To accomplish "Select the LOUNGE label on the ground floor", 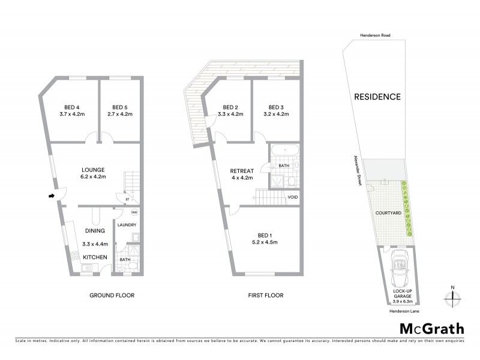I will [x=91, y=169].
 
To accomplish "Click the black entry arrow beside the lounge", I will [x=52, y=195].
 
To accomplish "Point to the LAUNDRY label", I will [x=128, y=225].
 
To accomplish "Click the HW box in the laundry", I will [x=134, y=212].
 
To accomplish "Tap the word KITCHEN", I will [x=95, y=257].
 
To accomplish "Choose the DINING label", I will [x=95, y=230].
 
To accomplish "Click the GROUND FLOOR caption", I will [x=112, y=295].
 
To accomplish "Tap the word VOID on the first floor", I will [x=293, y=197].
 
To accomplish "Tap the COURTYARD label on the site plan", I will [x=388, y=213].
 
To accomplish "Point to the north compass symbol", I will [x=453, y=295].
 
